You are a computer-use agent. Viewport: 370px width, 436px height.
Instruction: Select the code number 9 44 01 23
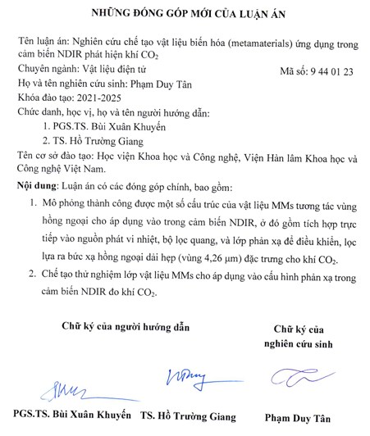(329, 72)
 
